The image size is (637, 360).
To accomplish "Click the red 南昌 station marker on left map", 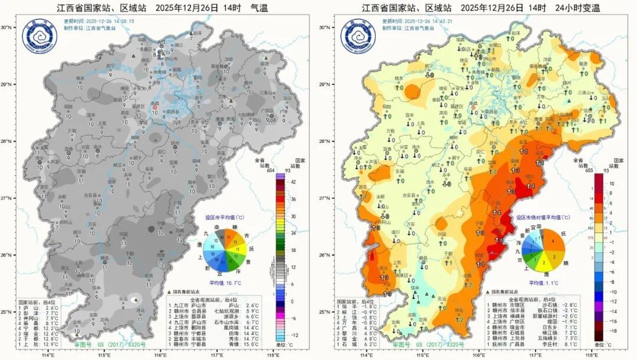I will [155, 107].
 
